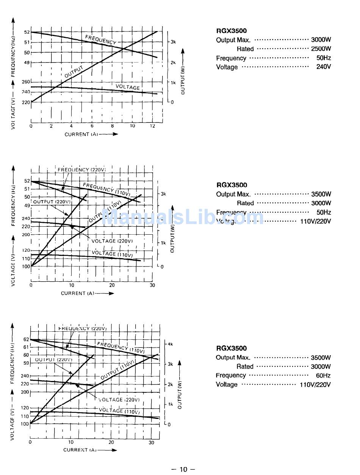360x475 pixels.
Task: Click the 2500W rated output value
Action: [x=321, y=49]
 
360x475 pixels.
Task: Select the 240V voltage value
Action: [x=324, y=67]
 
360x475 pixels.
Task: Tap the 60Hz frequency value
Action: [x=323, y=376]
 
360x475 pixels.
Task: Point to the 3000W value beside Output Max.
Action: [x=321, y=40]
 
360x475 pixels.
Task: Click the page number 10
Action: [x=183, y=469]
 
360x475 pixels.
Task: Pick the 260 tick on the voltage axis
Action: [x=26, y=82]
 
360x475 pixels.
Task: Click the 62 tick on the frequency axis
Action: [x=26, y=339]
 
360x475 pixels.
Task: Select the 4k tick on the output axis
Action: [x=171, y=344]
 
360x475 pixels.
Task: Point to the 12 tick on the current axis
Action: [x=152, y=126]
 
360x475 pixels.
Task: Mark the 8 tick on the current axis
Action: [x=112, y=126]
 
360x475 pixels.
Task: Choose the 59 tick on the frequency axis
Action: [x=26, y=363]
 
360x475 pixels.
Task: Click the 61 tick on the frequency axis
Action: [x=26, y=347]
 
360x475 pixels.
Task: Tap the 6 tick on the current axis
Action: [x=92, y=126]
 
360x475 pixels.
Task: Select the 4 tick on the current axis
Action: [x=71, y=126]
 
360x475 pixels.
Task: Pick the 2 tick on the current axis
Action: [x=51, y=126]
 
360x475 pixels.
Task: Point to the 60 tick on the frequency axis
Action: [x=26, y=355]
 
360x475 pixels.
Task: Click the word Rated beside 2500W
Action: [x=245, y=49]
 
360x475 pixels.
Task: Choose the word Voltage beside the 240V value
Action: [x=227, y=67]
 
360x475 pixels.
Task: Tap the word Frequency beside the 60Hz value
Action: [x=231, y=376]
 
